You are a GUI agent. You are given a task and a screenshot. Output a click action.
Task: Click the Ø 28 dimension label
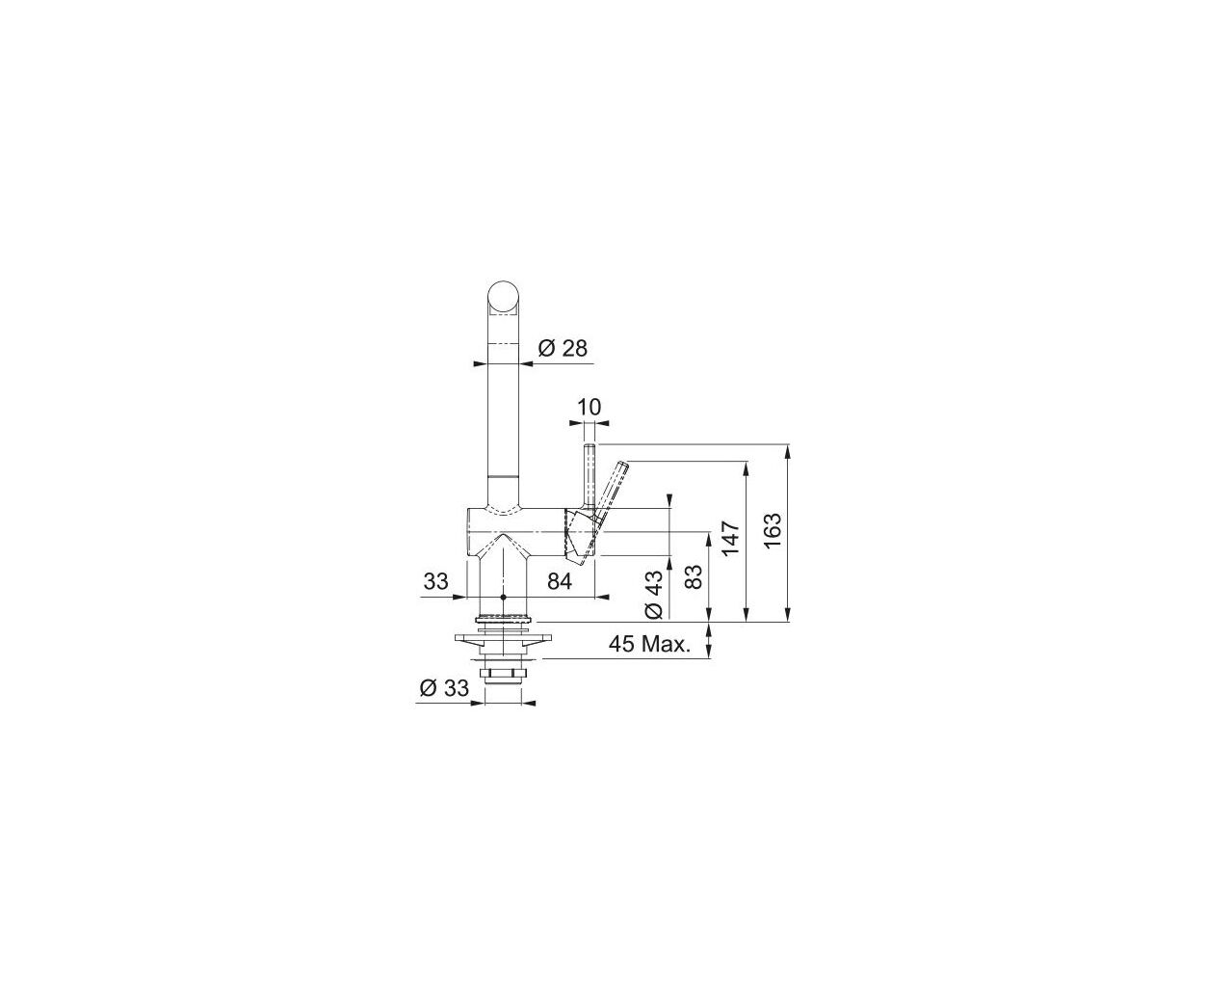click(563, 349)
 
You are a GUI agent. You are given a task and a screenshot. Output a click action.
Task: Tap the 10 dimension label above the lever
click(589, 408)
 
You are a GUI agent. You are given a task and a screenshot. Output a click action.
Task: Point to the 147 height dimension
click(730, 538)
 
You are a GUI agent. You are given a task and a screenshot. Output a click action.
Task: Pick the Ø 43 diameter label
click(654, 594)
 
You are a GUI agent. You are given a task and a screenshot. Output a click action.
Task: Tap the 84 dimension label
click(560, 582)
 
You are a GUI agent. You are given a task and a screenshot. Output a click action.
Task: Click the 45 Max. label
click(649, 645)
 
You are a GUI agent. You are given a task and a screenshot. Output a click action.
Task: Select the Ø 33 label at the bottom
click(444, 688)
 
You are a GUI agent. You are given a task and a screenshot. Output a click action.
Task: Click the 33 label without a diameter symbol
click(435, 582)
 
